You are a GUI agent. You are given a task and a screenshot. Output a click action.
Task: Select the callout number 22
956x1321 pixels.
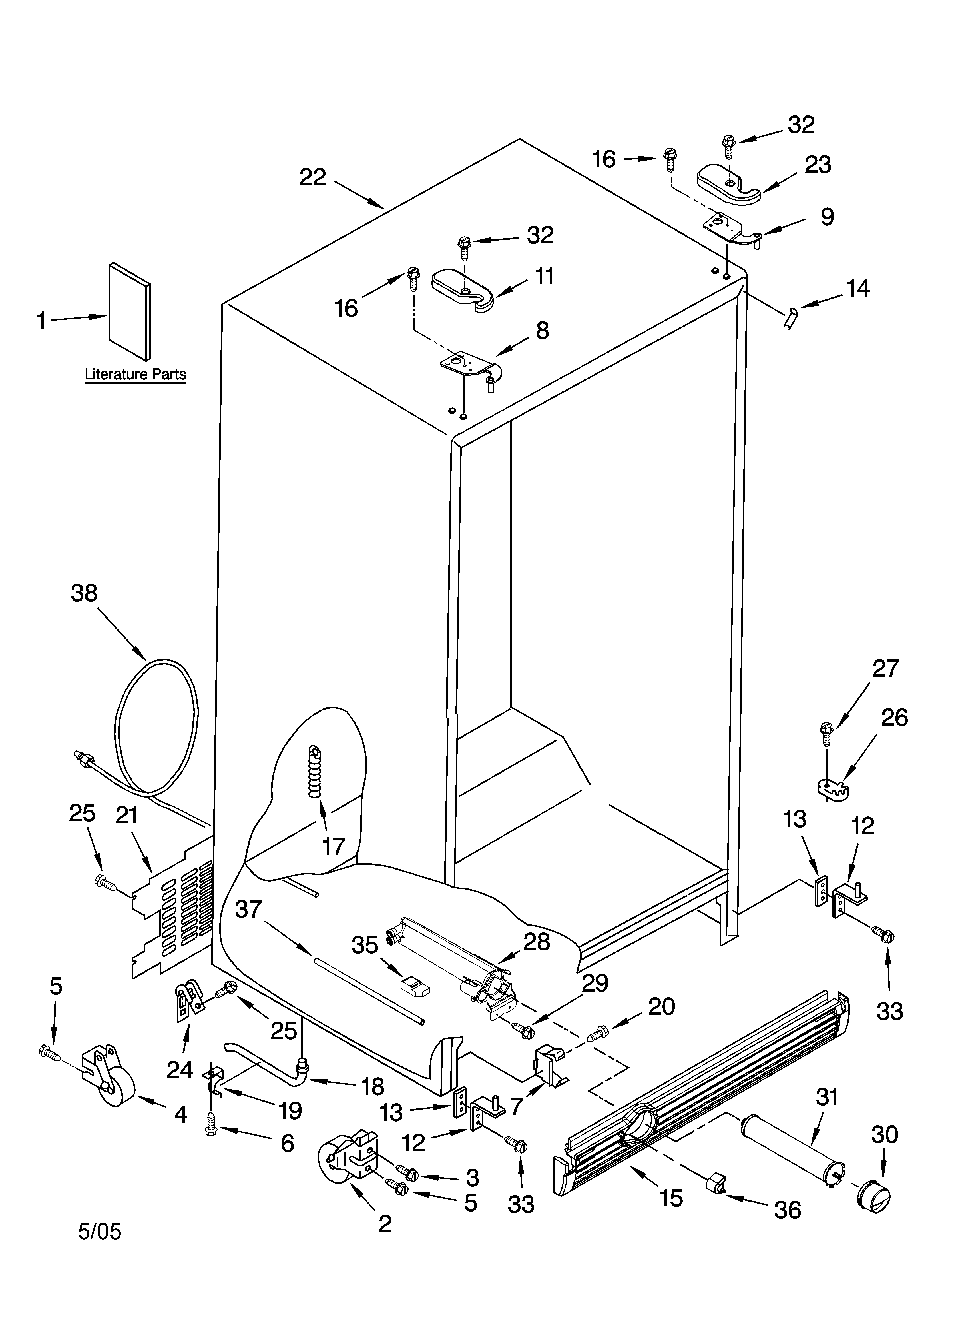click(313, 177)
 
